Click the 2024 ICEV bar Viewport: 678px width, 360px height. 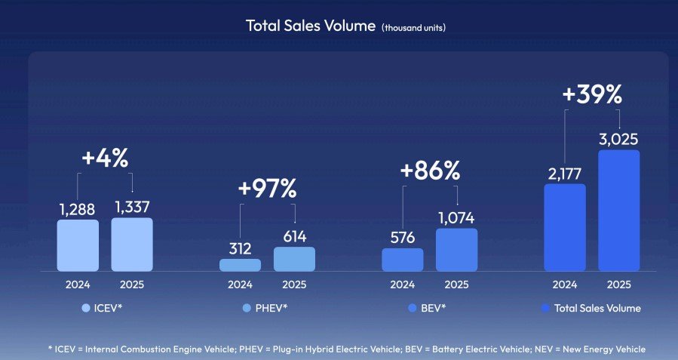(x=78, y=245)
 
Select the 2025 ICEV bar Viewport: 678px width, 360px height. (x=132, y=245)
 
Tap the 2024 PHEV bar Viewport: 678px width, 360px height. (x=240, y=265)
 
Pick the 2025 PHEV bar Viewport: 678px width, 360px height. (x=294, y=259)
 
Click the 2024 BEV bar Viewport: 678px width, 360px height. (x=402, y=260)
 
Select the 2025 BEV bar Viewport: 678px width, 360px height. (x=456, y=250)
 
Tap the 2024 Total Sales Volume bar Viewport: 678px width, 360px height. (x=565, y=227)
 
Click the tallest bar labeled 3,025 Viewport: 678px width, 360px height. (x=618, y=211)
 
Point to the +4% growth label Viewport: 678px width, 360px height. (x=105, y=158)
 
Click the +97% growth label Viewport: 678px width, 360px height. (x=267, y=189)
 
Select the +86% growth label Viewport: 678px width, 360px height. (x=430, y=171)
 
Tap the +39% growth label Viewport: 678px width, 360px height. (x=592, y=94)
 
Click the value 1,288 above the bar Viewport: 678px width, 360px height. (x=78, y=209)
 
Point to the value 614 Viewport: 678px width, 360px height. (x=294, y=237)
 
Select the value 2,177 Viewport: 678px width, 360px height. (x=565, y=174)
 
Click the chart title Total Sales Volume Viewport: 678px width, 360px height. (x=311, y=26)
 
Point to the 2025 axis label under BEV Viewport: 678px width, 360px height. (x=456, y=285)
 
